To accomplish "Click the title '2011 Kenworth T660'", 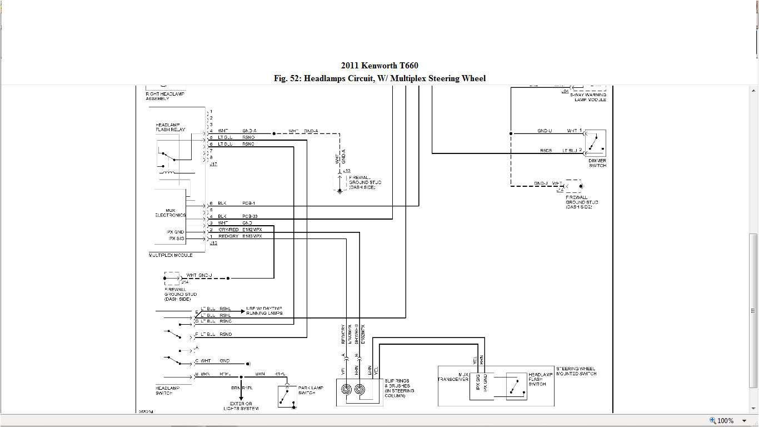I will [379, 66].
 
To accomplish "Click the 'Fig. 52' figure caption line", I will [379, 78].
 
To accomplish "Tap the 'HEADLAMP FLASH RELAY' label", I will [171, 127].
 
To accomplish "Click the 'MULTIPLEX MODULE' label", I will [171, 255].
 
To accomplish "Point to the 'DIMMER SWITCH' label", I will [597, 163].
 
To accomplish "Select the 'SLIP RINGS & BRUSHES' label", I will [399, 388].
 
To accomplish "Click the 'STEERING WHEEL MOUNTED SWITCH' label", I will [576, 371].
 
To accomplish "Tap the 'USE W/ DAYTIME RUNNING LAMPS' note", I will [264, 311].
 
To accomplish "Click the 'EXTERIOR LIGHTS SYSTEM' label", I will [241, 406].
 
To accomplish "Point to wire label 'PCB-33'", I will [249, 216].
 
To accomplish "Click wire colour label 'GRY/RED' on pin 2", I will [228, 230].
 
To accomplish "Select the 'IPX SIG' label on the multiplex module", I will [177, 239].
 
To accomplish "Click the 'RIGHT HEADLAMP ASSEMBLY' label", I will [165, 96].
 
